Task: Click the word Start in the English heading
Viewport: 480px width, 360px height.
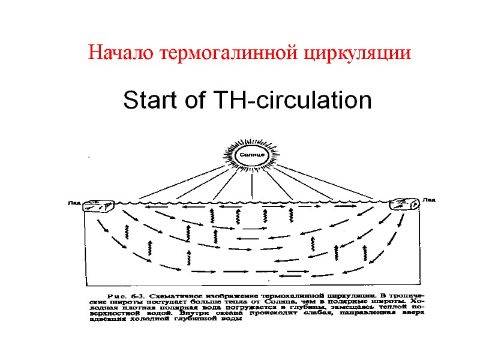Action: [148, 100]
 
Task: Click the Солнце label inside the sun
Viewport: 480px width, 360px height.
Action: [252, 155]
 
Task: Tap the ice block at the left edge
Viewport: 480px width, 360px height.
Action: [98, 206]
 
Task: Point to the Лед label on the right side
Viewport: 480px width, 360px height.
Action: [429, 199]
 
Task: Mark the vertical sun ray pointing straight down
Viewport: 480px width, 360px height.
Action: [252, 186]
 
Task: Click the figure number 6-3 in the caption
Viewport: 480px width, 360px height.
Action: [137, 296]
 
